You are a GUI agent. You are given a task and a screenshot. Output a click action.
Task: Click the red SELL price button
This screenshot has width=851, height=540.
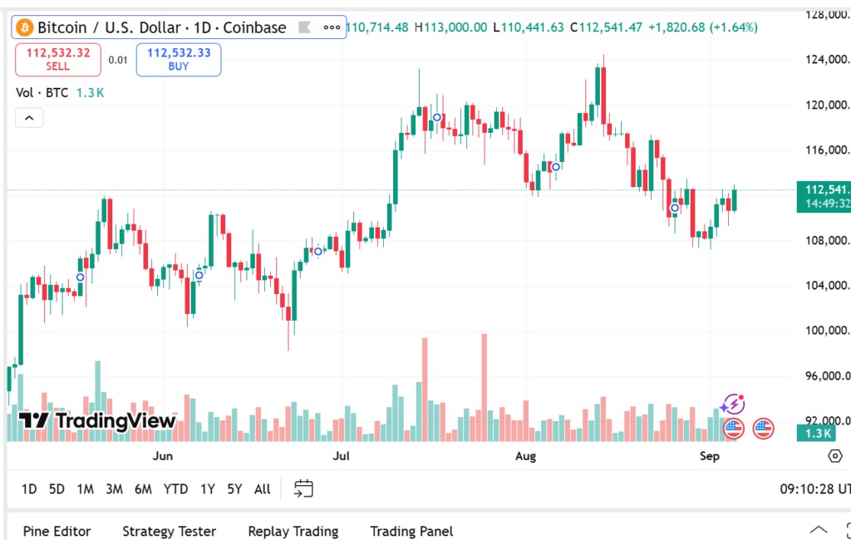(x=58, y=59)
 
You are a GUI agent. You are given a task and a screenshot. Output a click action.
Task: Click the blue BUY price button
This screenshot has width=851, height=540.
(x=179, y=59)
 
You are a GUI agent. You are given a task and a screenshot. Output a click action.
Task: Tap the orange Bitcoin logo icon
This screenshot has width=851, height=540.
(x=24, y=27)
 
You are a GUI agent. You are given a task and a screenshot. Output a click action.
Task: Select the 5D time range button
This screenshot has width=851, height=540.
(x=57, y=488)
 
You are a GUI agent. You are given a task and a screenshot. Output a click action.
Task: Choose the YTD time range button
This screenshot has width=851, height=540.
(x=175, y=488)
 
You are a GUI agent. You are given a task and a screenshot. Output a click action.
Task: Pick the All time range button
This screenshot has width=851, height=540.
(x=262, y=488)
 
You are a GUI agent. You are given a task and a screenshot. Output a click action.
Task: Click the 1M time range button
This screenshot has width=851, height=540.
(x=85, y=488)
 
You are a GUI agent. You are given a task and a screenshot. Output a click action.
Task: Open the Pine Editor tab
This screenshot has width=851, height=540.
(x=57, y=531)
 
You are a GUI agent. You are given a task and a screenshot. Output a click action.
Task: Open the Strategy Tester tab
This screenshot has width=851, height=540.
(x=169, y=531)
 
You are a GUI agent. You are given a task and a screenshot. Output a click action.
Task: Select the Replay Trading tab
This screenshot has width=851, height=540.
(x=293, y=531)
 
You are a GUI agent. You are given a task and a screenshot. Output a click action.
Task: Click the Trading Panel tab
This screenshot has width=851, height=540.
(x=411, y=531)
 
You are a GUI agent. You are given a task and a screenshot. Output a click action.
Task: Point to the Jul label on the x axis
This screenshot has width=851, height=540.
(x=341, y=455)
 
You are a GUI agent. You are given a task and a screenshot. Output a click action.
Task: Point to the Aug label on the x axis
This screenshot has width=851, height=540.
(x=525, y=455)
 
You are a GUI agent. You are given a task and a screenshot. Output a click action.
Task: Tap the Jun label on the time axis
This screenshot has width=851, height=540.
(x=163, y=455)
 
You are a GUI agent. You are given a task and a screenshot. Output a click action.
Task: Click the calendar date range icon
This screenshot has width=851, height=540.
(x=303, y=488)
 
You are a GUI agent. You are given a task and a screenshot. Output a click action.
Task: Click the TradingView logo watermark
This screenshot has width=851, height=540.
(x=96, y=420)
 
